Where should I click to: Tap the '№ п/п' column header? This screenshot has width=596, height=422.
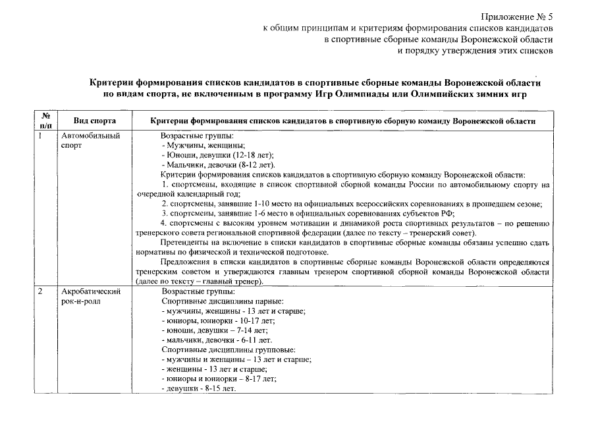point(46,119)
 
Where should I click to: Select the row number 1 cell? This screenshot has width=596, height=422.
point(41,136)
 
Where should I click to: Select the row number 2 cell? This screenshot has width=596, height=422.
point(41,291)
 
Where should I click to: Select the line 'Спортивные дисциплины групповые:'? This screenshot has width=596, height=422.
point(228,349)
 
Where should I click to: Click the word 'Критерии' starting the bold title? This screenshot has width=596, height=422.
point(111,84)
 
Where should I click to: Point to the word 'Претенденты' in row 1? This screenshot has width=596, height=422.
point(183,243)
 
